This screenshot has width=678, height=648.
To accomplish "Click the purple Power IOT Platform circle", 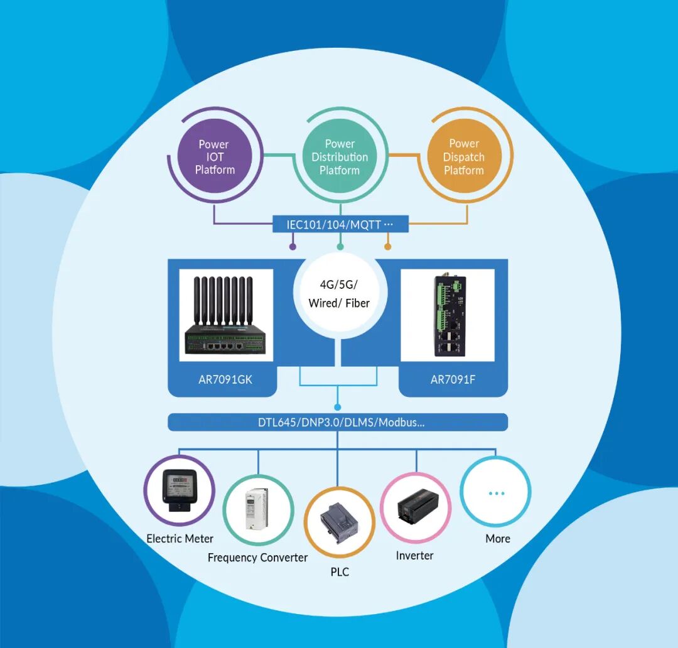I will [x=215, y=157].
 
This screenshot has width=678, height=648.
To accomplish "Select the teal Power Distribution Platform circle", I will [x=340, y=157].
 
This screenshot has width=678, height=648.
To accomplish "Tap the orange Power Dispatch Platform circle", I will [x=464, y=157].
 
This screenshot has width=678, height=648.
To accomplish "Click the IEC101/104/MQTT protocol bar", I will [x=340, y=224].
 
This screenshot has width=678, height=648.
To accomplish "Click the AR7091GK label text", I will [x=225, y=379].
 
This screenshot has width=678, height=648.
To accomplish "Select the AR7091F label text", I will [x=453, y=379].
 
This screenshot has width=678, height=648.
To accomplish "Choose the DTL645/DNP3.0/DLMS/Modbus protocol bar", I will [x=338, y=423].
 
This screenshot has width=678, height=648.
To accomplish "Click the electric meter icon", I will [x=180, y=491].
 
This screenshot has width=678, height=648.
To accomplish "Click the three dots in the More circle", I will [x=496, y=493].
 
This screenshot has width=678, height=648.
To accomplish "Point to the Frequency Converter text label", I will [x=257, y=558].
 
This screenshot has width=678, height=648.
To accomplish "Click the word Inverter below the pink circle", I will [x=414, y=556].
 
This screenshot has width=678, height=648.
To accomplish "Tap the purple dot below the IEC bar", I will [x=293, y=247].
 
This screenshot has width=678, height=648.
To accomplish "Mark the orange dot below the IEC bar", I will [x=387, y=247].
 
